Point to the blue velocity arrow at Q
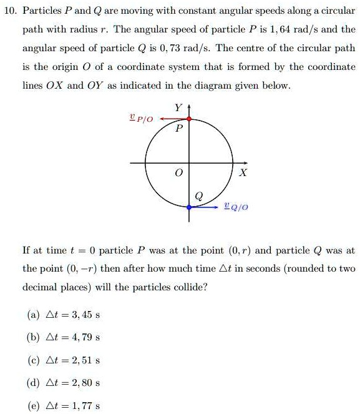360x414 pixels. [x=205, y=206]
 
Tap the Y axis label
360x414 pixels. [x=178, y=107]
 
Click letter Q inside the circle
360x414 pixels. [x=198, y=195]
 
